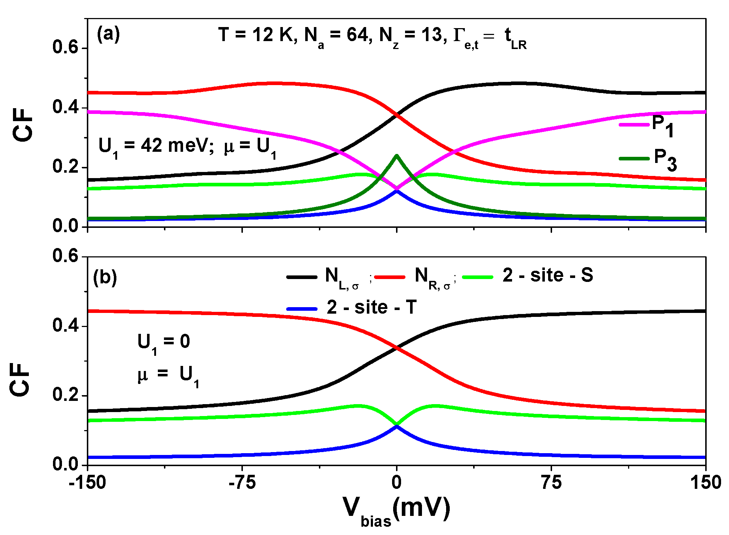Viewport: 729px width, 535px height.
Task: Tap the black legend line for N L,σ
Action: coord(302,277)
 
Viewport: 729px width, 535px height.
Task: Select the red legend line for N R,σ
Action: coord(390,277)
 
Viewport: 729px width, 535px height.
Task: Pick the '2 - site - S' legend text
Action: coord(547,275)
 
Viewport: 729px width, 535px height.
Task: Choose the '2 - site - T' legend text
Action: coord(372,308)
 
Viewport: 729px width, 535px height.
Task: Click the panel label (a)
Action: coord(108,35)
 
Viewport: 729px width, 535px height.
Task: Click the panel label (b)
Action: coord(105,277)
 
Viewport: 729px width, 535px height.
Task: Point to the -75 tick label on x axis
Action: coord(243,482)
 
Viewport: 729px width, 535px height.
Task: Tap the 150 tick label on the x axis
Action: coord(705,482)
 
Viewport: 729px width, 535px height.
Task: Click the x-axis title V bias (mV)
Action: coord(396,509)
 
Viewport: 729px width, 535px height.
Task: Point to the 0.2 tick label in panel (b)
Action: coord(65,395)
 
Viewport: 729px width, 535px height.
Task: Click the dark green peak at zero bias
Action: coord(397,156)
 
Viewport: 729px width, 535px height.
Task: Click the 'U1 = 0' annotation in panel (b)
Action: coord(164,342)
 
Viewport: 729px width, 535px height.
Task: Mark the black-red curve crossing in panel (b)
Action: coord(397,348)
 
